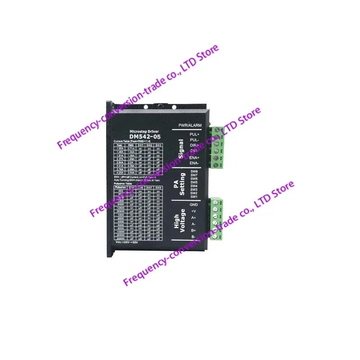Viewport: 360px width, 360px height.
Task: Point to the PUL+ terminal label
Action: click(194, 134)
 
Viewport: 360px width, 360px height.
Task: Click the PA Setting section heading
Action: click(180, 184)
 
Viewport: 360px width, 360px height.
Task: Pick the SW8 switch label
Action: click(194, 171)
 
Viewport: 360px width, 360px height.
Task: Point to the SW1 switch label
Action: click(194, 197)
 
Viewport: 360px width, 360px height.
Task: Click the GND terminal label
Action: click(194, 205)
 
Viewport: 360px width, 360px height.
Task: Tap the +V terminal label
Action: click(194, 211)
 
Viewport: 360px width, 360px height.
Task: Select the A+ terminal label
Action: click(194, 218)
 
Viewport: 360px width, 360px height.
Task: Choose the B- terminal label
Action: click(194, 237)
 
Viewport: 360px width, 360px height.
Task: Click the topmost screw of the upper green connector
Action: click(219, 130)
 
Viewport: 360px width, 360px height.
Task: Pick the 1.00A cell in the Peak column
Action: click(119, 149)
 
